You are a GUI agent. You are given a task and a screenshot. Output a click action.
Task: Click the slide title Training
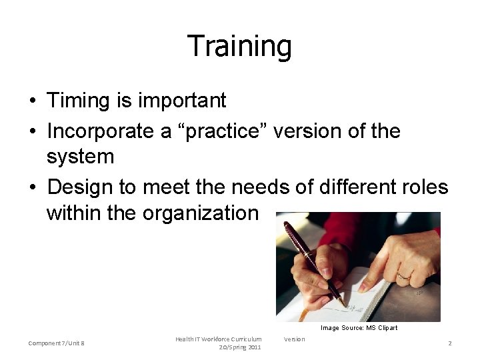click(x=239, y=47)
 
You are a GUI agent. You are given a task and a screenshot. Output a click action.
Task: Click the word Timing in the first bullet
click(x=74, y=101)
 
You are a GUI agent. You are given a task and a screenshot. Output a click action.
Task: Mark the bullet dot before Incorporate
click(x=32, y=131)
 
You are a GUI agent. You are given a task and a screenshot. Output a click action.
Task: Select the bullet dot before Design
click(x=32, y=187)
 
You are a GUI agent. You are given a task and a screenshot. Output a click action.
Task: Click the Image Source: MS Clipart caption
click(x=359, y=327)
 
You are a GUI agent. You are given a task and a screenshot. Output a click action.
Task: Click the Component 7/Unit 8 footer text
click(x=56, y=343)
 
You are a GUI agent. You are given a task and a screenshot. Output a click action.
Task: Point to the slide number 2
click(x=450, y=343)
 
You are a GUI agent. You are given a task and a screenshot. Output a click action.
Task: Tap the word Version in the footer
click(x=294, y=339)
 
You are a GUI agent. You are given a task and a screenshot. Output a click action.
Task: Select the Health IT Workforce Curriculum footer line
click(x=219, y=339)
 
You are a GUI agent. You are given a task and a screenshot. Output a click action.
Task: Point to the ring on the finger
click(x=404, y=275)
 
